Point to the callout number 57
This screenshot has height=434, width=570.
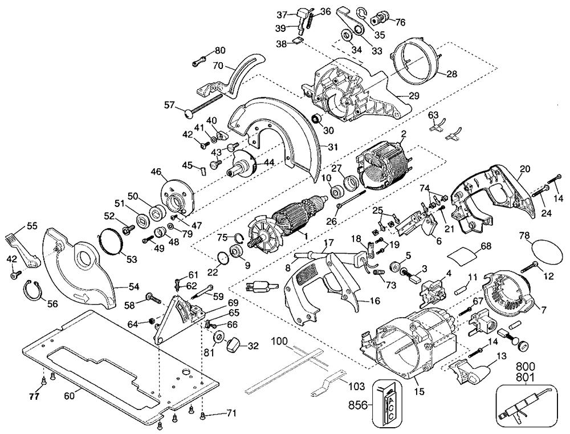click(x=169, y=105)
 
